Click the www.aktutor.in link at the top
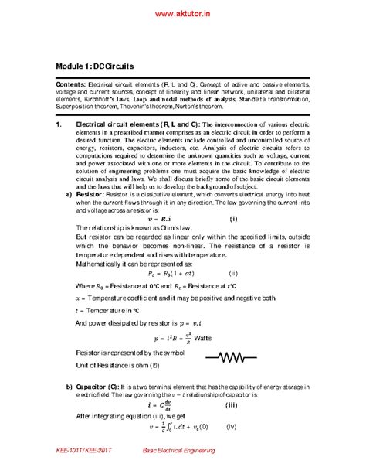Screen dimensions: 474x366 click(x=183, y=14)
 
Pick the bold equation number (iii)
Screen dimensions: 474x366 click(x=231, y=404)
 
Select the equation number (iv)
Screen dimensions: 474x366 click(x=232, y=425)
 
